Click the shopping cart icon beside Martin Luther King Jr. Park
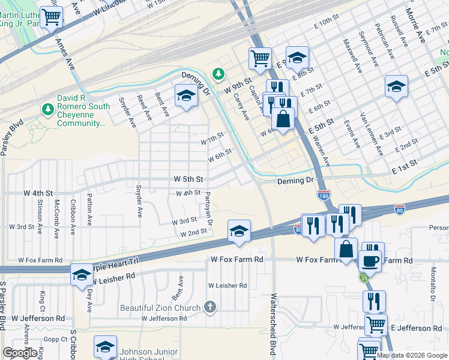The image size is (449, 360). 52,16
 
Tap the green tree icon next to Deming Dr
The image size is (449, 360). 218,74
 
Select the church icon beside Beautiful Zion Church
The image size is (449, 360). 209,308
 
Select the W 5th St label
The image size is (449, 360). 188,179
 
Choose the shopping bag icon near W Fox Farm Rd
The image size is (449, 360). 346,248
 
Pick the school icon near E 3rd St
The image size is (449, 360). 396,86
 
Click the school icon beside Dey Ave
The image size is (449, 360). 82,275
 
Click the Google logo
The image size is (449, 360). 20,353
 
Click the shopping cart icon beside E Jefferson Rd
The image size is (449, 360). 376,325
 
